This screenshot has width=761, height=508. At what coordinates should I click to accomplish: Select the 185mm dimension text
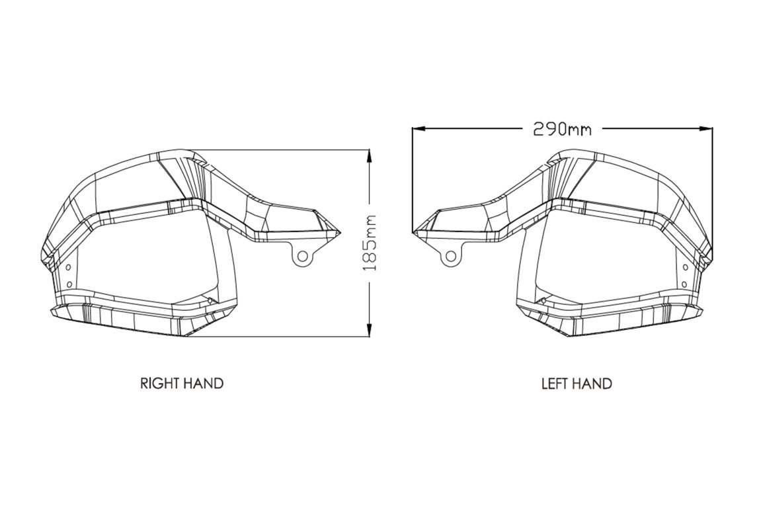tap(370, 242)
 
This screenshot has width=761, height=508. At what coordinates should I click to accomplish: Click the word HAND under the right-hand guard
tap(202, 383)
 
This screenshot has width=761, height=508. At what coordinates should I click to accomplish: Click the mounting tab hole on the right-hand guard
tap(302, 255)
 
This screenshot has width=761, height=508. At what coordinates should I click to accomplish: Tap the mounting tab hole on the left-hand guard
tap(450, 255)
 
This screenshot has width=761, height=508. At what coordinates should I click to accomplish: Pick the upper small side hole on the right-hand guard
tap(69, 266)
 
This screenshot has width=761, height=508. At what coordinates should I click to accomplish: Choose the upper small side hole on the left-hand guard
tap(684, 266)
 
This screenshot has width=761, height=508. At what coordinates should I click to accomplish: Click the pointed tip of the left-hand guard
tap(414, 232)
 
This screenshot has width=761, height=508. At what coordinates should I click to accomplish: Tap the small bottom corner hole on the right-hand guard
tap(210, 301)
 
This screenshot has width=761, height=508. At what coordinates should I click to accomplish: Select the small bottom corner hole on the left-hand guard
tap(543, 301)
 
